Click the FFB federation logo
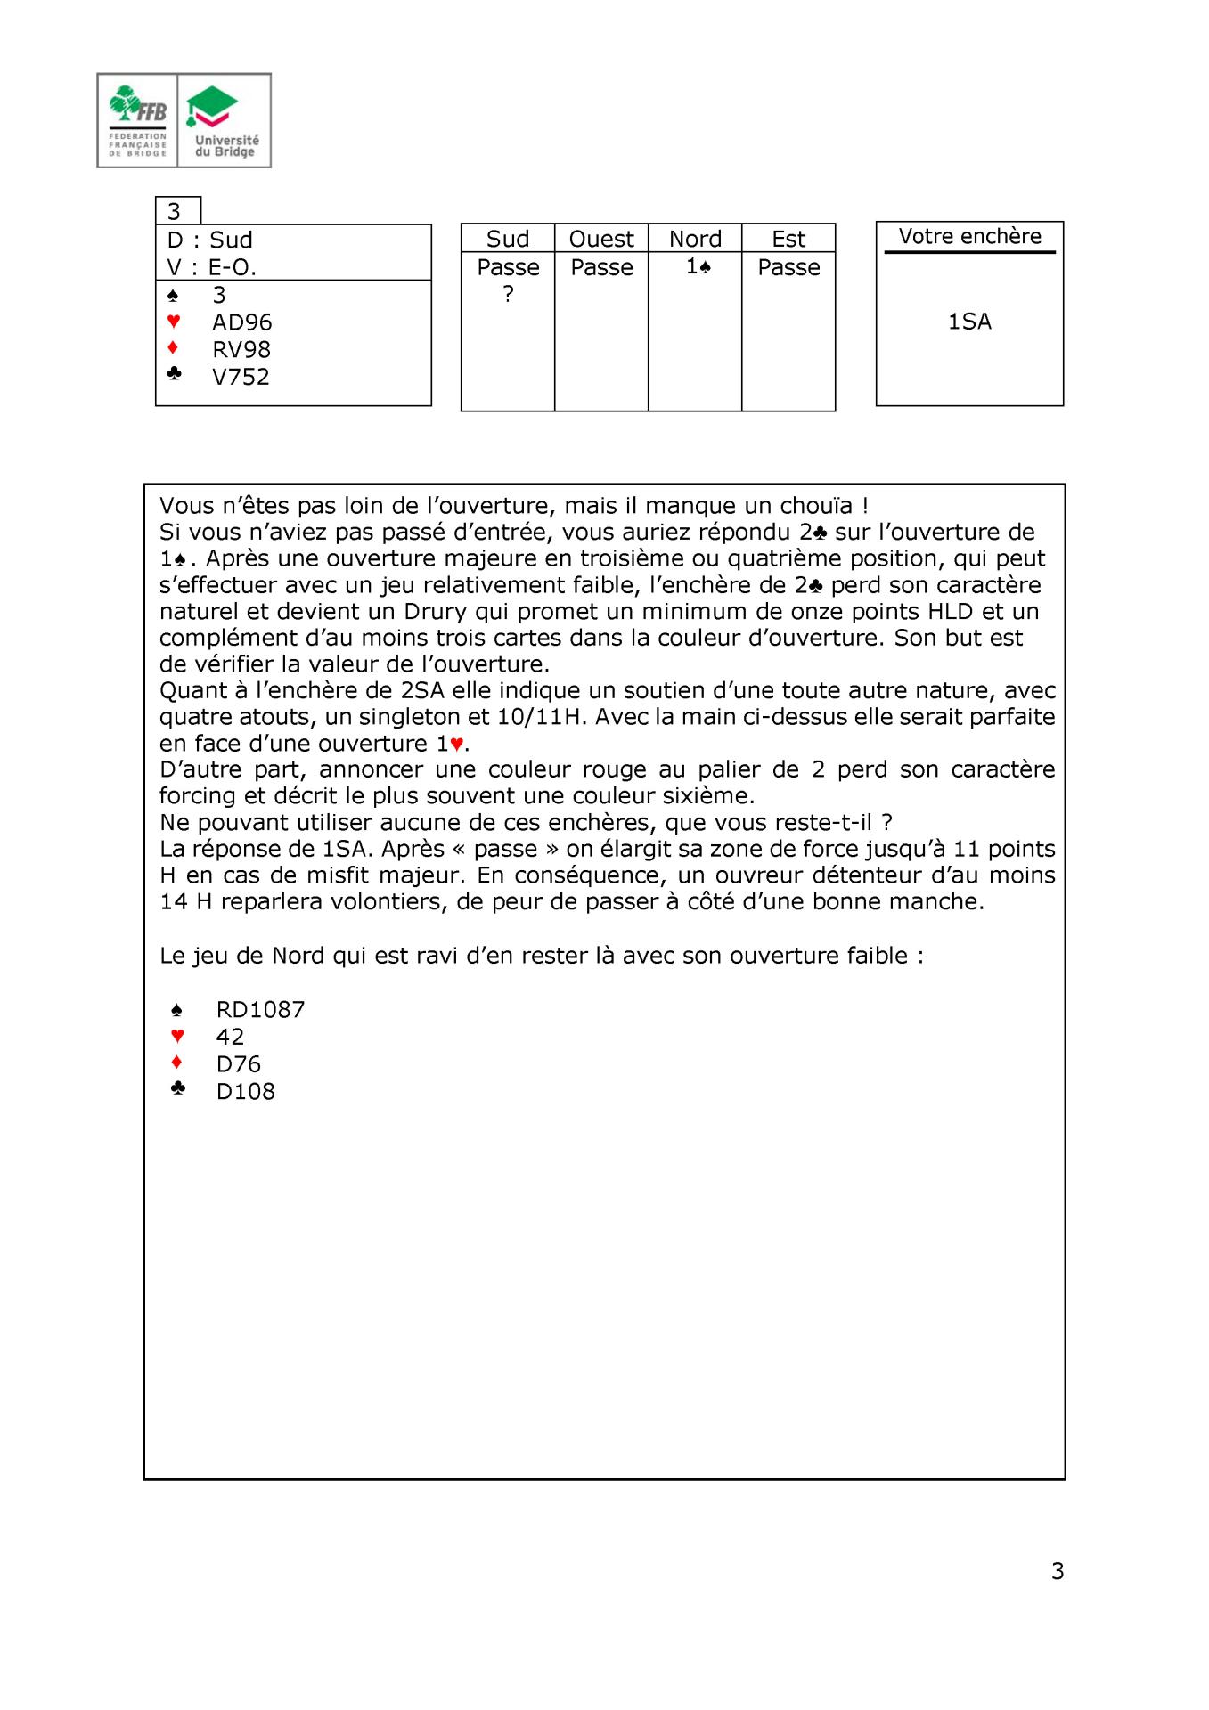tap(137, 120)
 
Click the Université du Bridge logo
tap(225, 120)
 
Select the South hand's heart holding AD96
tap(241, 322)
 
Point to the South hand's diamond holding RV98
tap(241, 350)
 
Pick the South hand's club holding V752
tap(241, 377)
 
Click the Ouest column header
tap(601, 239)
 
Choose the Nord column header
tap(695, 239)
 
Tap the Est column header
tap(788, 239)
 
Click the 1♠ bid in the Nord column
tap(698, 266)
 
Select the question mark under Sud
tap(508, 294)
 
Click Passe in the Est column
tap(788, 267)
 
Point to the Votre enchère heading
tap(969, 236)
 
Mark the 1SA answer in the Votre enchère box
tap(969, 322)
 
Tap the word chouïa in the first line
tap(819, 506)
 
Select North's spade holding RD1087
tap(260, 1009)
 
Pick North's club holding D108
tap(245, 1091)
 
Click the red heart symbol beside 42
tap(177, 1036)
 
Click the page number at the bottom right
tap(1058, 1571)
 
